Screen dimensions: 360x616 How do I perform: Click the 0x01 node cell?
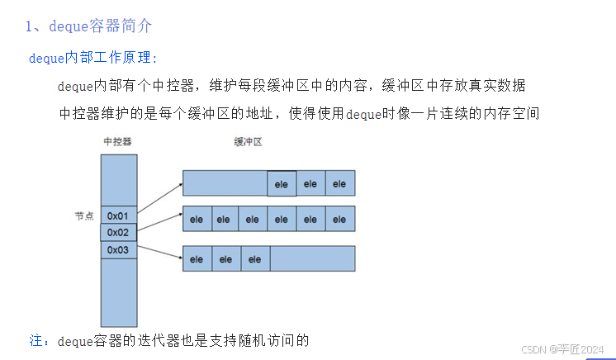[x=119, y=216]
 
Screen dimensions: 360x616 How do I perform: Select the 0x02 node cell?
[x=119, y=233]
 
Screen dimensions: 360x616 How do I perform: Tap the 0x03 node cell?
[x=119, y=249]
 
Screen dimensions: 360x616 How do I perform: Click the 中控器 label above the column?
[x=117, y=142]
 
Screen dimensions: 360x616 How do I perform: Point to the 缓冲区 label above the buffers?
[x=248, y=142]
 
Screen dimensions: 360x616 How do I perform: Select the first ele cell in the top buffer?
[x=282, y=183]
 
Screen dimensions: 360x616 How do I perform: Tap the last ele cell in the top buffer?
[x=339, y=183]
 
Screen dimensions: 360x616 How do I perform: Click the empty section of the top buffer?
[x=225, y=183]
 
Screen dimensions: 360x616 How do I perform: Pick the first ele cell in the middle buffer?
[x=197, y=219]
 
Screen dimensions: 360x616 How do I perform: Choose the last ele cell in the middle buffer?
[x=339, y=219]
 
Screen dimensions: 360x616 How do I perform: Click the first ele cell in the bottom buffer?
[x=197, y=259]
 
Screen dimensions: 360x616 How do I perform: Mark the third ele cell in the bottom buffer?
[x=254, y=259]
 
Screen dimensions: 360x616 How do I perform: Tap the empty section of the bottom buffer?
[x=312, y=259]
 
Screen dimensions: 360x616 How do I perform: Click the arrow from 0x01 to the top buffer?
[x=159, y=197]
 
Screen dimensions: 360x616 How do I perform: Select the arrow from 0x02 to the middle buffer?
[x=159, y=224]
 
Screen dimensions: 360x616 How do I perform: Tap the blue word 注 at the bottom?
[x=35, y=339]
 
